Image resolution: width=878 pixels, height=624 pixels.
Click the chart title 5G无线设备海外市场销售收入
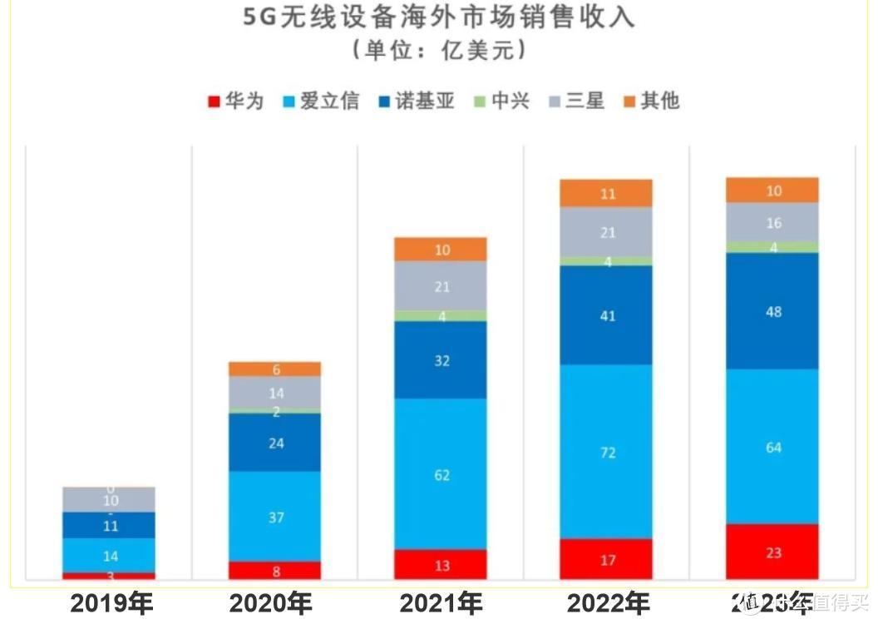pos(438,17)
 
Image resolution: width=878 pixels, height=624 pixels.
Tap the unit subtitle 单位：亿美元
pos(438,51)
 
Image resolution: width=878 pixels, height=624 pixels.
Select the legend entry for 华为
pos(236,102)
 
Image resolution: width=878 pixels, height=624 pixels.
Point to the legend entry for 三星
pos(575,102)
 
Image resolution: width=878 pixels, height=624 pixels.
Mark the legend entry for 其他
pos(651,102)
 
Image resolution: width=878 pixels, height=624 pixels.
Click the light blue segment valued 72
pos(606,452)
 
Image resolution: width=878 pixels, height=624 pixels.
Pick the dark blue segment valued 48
pos(772,311)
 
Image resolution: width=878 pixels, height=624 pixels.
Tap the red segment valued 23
pos(772,552)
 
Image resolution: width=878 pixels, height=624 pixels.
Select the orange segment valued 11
pos(606,194)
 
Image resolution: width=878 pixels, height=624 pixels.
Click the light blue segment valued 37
pos(275,517)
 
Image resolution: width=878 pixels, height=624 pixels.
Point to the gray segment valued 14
pos(275,392)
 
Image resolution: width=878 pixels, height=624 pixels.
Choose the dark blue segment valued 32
pos(441,360)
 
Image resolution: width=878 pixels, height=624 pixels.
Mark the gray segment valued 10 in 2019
pos(110,500)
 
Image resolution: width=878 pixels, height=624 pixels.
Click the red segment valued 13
pos(441,565)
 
